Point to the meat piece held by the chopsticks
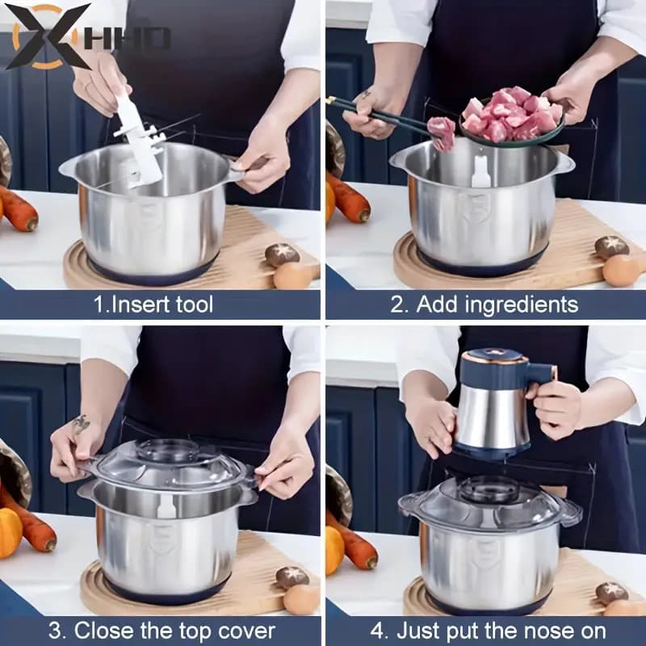442,131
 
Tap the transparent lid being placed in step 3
170,464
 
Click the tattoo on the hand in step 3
80,425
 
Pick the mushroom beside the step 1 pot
282,255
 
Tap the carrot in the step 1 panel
18,209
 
